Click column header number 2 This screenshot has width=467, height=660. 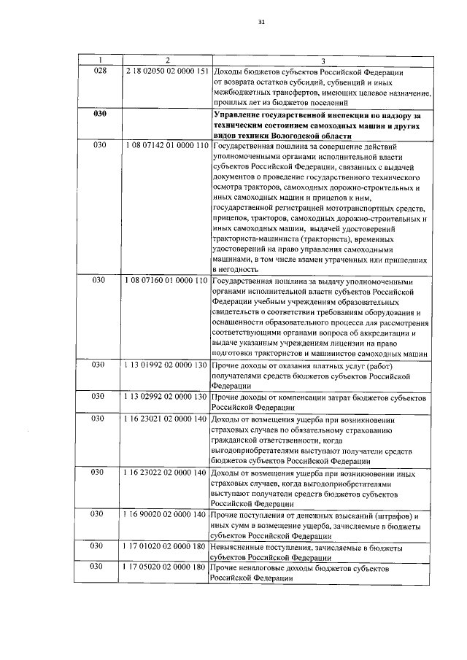[x=167, y=59]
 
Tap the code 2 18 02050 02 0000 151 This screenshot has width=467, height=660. [x=167, y=71]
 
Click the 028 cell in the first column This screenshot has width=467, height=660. [x=101, y=71]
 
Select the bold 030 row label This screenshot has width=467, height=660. [x=101, y=114]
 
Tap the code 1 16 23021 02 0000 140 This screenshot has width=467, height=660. [x=167, y=420]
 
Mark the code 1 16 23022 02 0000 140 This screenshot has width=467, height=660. [x=167, y=473]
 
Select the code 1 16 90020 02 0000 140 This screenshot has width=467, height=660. [x=167, y=515]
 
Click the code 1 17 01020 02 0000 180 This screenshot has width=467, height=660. [x=167, y=546]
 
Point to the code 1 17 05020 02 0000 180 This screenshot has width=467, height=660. [x=167, y=567]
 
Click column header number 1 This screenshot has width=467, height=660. [x=101, y=59]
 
